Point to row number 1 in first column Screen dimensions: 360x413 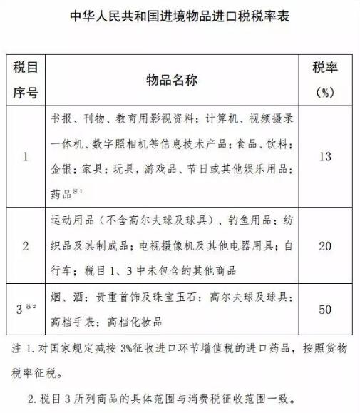point(26,156)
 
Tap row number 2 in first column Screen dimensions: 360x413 point(26,246)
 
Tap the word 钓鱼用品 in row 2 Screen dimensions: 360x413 point(245,219)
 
